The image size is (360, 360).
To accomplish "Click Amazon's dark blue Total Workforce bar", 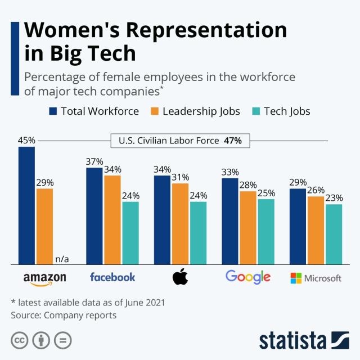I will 26,205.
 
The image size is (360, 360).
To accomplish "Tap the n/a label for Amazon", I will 62,259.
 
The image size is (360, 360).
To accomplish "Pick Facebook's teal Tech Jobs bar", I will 130,232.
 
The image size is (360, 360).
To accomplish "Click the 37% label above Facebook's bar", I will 94,161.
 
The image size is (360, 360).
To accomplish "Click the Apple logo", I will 180,277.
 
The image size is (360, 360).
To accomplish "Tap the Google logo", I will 247,277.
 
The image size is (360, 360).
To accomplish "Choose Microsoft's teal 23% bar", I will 334,233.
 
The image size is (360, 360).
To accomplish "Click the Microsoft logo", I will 316,278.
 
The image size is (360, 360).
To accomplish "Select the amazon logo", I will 45,278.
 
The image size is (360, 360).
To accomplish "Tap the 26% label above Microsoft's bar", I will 316,190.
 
